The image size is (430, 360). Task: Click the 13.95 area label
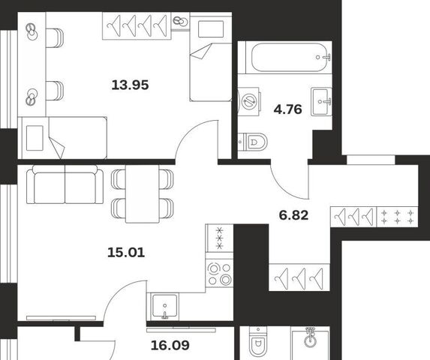[x=130, y=85]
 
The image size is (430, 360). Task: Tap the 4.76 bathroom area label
[x=287, y=109]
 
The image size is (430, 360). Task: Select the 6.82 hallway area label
[x=293, y=215]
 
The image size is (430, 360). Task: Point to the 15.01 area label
[x=126, y=252]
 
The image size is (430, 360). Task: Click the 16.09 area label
[x=170, y=345]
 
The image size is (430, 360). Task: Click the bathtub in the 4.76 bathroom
[x=289, y=57]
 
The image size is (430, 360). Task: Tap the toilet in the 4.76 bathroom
[x=252, y=142]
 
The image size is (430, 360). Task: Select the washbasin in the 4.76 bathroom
[x=321, y=101]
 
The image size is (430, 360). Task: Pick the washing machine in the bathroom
[x=249, y=102]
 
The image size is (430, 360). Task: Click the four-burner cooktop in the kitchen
[x=219, y=274]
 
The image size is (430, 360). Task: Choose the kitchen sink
[x=164, y=307]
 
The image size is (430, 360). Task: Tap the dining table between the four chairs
[x=143, y=193]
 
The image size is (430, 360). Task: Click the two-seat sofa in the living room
[x=65, y=184]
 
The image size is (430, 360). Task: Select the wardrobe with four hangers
[x=137, y=26]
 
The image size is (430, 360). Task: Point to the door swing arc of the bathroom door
[x=285, y=185]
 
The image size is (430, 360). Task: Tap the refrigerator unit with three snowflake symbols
[x=219, y=238]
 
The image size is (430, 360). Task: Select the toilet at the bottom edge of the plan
[x=258, y=343]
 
